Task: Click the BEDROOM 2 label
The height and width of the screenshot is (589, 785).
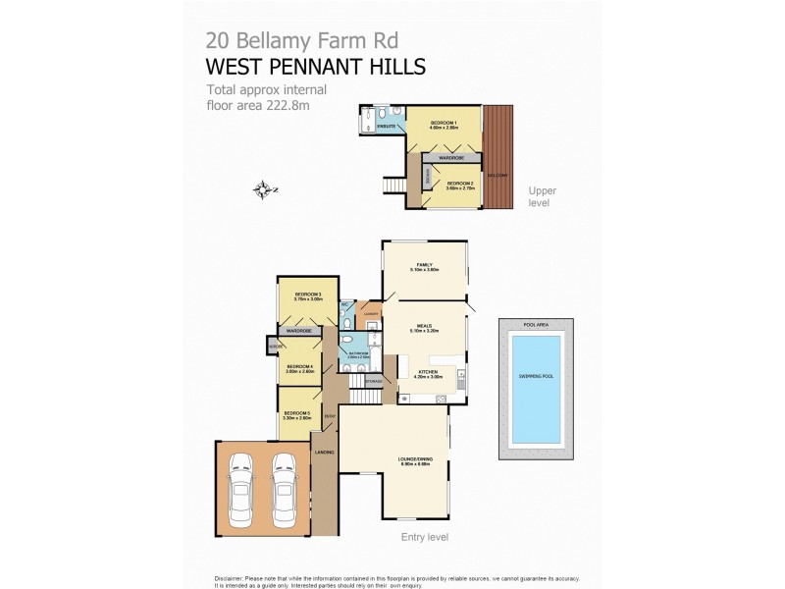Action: (x=460, y=183)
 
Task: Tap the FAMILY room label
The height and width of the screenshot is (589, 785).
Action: (x=424, y=265)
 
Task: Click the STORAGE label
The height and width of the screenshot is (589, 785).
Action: (x=373, y=380)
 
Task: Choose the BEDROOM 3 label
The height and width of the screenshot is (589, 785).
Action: (x=308, y=295)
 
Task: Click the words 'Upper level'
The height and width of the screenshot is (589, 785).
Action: (x=542, y=196)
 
